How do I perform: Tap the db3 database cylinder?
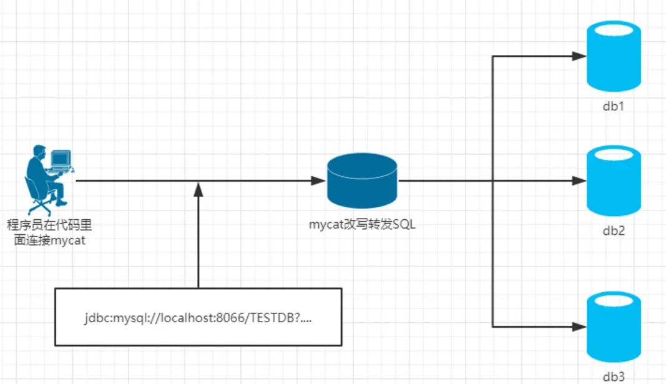pyautogui.click(x=614, y=327)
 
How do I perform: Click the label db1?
pyautogui.click(x=614, y=106)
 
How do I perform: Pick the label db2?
pyautogui.click(x=614, y=231)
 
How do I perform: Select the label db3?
pyautogui.click(x=614, y=377)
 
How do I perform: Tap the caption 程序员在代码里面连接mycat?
pyautogui.click(x=49, y=232)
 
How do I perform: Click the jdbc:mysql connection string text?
pyautogui.click(x=198, y=318)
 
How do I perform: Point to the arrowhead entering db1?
pyautogui.click(x=579, y=56)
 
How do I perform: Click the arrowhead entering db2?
pyautogui.click(x=579, y=181)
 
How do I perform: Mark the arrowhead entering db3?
pyautogui.click(x=579, y=326)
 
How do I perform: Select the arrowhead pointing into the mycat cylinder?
pyautogui.click(x=319, y=181)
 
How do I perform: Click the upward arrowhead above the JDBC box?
pyautogui.click(x=198, y=188)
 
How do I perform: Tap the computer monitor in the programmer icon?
pyautogui.click(x=61, y=159)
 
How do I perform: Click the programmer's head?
pyautogui.click(x=39, y=151)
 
